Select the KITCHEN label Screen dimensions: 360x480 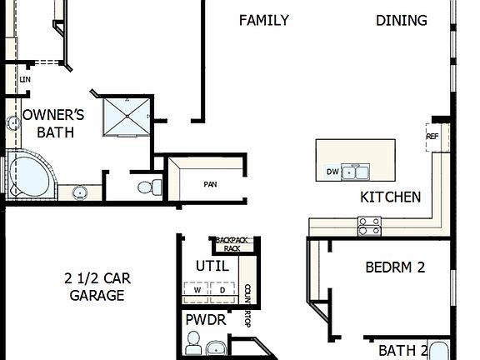pos(390,197)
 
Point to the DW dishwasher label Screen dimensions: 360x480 pos(332,172)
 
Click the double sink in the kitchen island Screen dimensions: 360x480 pos(357,172)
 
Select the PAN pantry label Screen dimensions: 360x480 pos(210,183)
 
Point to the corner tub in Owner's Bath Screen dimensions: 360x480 pos(27,176)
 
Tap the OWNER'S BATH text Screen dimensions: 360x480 pos(49,123)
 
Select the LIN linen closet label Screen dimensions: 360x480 pos(25,80)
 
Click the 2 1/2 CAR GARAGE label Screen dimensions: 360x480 pos(97,287)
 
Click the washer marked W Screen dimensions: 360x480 pos(197,290)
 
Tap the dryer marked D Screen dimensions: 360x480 pos(222,290)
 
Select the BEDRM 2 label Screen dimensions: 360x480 pos(395,267)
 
